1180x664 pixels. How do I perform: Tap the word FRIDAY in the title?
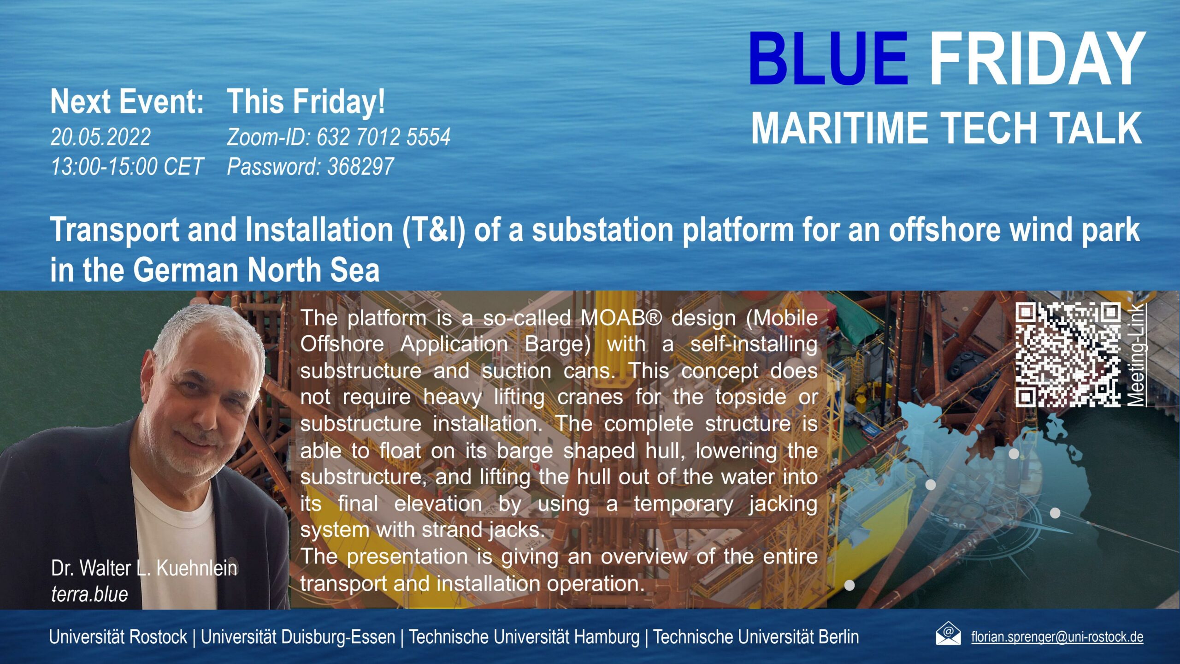pyautogui.click(x=1037, y=59)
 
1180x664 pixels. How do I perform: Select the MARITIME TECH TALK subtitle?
pyautogui.click(x=947, y=128)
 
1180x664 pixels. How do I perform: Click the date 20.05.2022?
pyautogui.click(x=100, y=137)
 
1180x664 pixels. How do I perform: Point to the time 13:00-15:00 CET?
pyautogui.click(x=127, y=166)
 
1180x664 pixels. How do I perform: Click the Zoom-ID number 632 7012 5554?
pyautogui.click(x=383, y=137)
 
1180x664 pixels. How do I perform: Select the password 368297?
pyautogui.click(x=360, y=166)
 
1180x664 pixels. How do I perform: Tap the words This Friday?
pyautogui.click(x=306, y=101)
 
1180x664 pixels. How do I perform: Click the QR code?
pyautogui.click(x=1068, y=355)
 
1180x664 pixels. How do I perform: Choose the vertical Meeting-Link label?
pyautogui.click(x=1137, y=355)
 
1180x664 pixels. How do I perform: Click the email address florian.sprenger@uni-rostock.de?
pyautogui.click(x=1057, y=637)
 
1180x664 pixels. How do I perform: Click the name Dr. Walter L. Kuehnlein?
pyautogui.click(x=144, y=568)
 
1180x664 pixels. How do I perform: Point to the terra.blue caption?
pyautogui.click(x=89, y=594)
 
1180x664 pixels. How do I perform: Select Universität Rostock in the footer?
pyautogui.click(x=118, y=637)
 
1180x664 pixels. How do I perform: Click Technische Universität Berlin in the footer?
pyautogui.click(x=756, y=637)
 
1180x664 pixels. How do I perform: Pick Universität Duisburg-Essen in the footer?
pyautogui.click(x=298, y=637)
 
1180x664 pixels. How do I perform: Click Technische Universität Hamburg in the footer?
pyautogui.click(x=525, y=637)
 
